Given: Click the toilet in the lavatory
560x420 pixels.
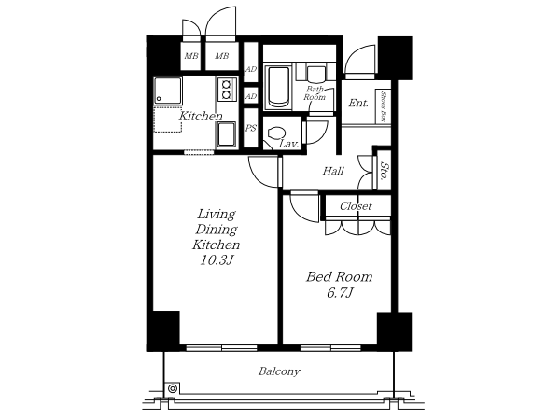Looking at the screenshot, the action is pos(275,133).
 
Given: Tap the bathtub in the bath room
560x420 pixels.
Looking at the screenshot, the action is pos(278,87).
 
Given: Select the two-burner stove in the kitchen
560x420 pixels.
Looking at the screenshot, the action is pos(226,90).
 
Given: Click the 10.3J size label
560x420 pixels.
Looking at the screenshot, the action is pos(217,260).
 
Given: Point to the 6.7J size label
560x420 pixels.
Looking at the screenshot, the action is pos(340,293).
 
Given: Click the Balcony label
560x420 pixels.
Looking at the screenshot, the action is pos(279,371).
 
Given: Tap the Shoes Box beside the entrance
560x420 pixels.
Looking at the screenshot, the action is pos(384,106).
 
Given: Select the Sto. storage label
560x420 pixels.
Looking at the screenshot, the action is pos(385,171).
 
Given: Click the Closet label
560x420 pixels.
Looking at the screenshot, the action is pos(356,206).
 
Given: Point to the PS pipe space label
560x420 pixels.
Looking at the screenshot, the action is pos(251,128).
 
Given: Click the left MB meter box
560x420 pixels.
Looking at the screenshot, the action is pos(191,56).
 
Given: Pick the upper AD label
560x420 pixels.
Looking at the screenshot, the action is pos(251,69).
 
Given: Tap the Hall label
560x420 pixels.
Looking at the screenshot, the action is pos(333,171).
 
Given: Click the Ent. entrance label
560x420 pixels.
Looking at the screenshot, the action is pos(358,104).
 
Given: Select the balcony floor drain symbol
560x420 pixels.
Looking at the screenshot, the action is pos(173,388).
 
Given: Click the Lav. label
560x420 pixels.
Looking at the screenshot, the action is pos(288,145).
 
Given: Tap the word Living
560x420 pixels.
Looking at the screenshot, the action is pos(217,215).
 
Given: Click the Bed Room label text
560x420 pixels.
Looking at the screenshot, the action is pos(340,277).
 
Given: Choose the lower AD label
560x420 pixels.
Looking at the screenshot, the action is pos(251,96).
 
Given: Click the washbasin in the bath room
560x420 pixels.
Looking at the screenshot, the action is pos(316,74).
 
